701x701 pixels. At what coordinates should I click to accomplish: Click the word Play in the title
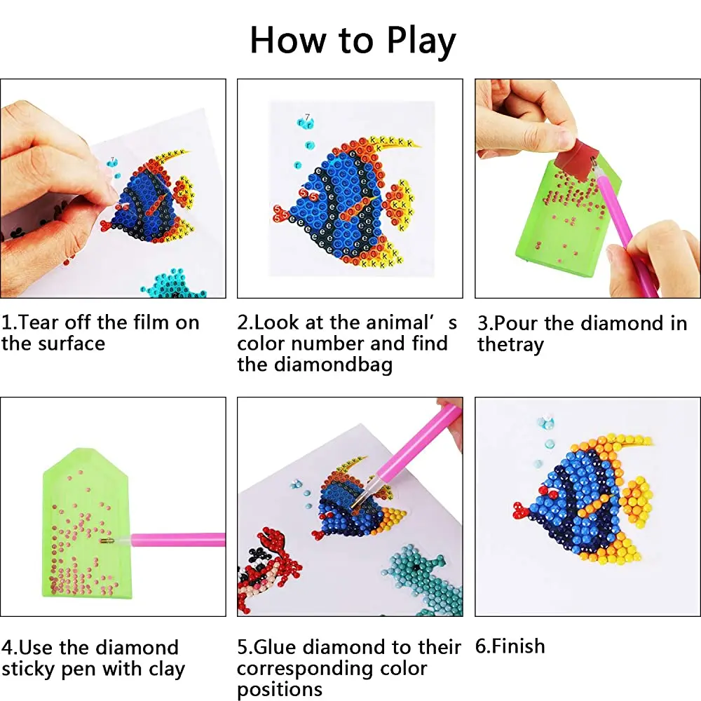(421, 41)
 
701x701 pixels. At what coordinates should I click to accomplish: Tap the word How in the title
(288, 40)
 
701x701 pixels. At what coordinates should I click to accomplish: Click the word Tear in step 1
(39, 322)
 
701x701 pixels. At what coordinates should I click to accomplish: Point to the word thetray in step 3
(510, 345)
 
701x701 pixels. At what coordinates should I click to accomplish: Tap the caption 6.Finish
(510, 646)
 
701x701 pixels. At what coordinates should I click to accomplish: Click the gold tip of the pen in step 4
(107, 541)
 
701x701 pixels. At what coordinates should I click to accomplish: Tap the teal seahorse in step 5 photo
(422, 579)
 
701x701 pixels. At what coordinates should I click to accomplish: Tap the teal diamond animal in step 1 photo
(175, 284)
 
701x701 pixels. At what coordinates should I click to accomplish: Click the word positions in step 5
(280, 689)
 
